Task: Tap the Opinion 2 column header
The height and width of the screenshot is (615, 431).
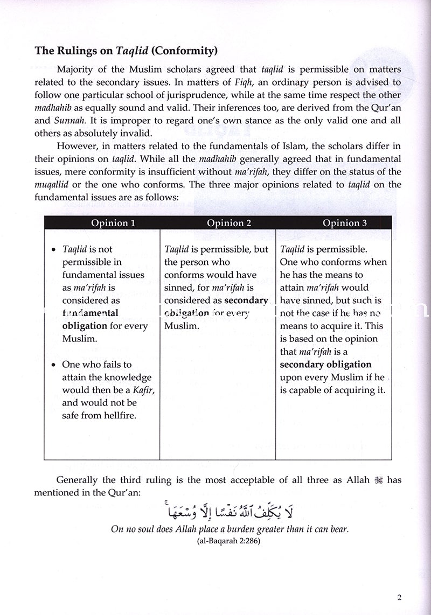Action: click(218, 223)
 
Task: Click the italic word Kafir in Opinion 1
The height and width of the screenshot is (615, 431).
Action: click(143, 389)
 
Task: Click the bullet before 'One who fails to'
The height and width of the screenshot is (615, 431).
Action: click(52, 365)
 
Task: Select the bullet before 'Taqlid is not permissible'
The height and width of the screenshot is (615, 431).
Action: click(52, 250)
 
